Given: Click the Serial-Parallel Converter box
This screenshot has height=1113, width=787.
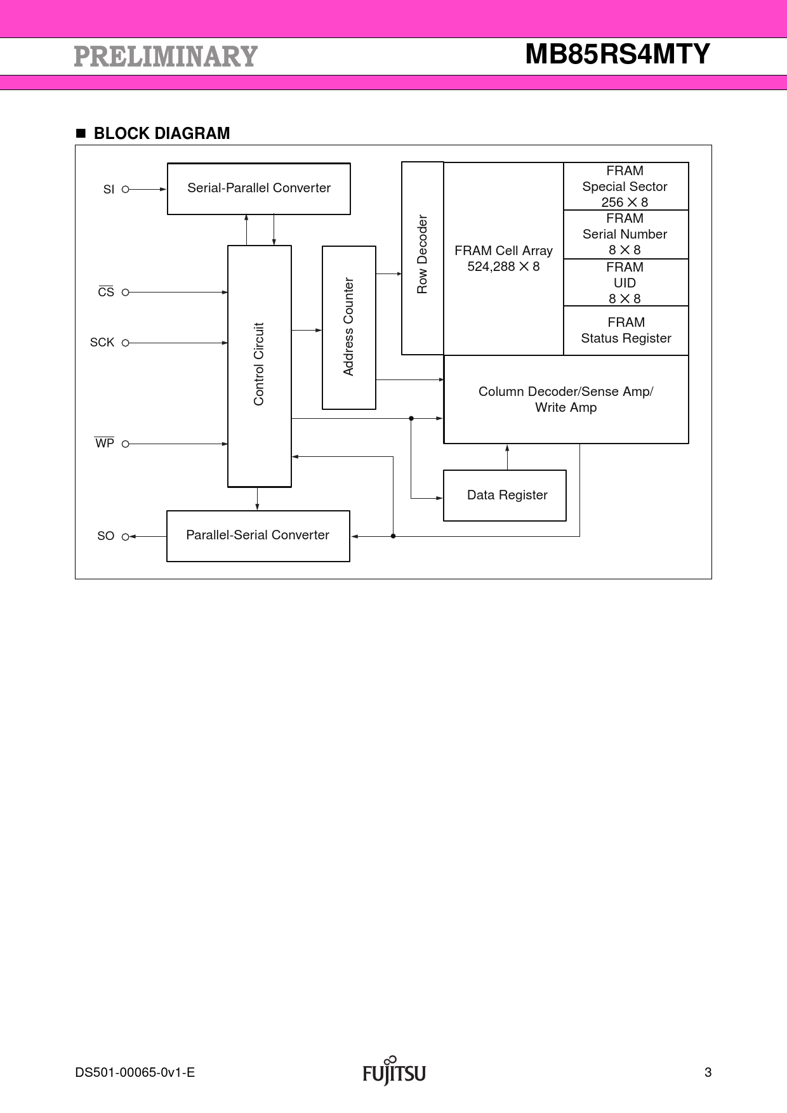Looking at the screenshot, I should pos(258,188).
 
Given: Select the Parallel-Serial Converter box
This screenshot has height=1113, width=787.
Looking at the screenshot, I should pos(258,536).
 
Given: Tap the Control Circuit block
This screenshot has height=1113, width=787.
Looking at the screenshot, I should pos(259,366).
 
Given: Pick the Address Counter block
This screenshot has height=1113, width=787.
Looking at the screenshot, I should pos(348,327).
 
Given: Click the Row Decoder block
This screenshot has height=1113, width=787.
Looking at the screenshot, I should pos(422,258).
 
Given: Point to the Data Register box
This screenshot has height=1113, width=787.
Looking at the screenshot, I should pos(505,496).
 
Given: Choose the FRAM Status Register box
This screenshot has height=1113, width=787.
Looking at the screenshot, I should pos(626,331).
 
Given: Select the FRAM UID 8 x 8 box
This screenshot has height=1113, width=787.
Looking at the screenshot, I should pos(625,283).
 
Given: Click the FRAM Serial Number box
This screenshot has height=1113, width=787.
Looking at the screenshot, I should pos(625,234).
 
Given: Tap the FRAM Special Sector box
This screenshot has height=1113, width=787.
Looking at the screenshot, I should pos(625,187).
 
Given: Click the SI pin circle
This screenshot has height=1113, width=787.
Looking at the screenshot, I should pos(125,189).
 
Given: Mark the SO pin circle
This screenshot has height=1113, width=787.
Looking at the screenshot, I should pos(125,537).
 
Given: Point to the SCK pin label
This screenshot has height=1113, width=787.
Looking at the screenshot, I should pos(102,343).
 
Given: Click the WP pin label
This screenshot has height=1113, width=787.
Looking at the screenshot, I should pos(105,444).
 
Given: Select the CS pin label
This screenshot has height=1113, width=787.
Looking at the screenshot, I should pos(106,292).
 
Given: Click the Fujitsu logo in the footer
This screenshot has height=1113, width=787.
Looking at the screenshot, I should pos(394,1072).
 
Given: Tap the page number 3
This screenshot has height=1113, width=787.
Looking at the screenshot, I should pos(708,1073).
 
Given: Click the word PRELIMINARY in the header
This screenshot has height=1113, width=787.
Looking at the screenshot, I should pos(166,56).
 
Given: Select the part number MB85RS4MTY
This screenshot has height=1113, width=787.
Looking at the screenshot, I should pos(617,55).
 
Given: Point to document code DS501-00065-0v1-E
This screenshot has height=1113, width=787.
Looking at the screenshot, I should pos(135,1073).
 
